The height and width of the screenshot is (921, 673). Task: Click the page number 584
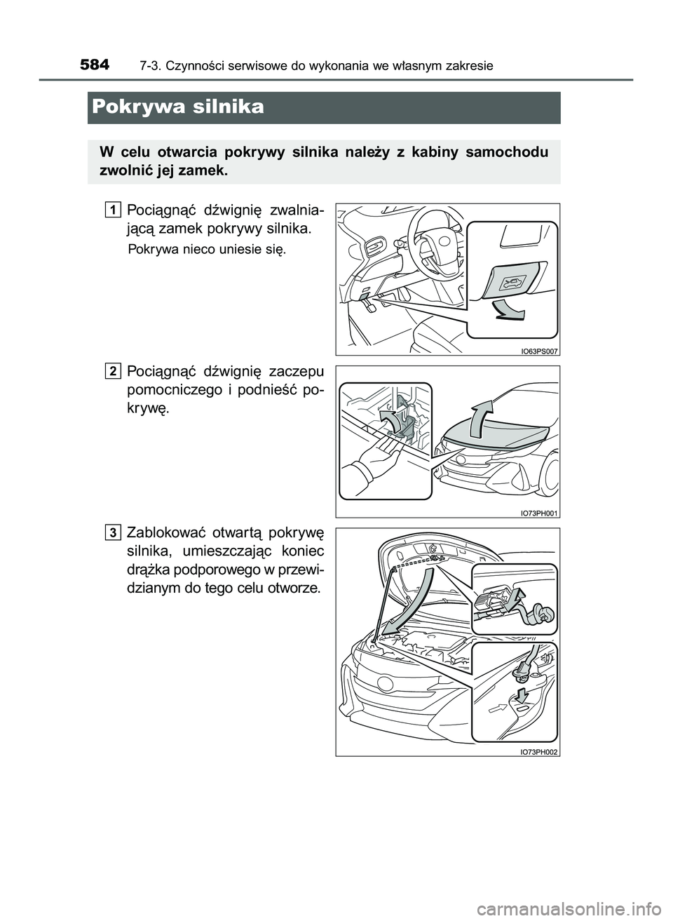(x=95, y=65)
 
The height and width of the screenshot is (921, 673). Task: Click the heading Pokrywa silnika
(x=177, y=107)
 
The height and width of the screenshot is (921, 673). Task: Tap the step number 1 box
(x=114, y=208)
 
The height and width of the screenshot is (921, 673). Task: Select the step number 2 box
(x=114, y=370)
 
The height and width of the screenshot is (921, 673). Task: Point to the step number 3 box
(x=114, y=532)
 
